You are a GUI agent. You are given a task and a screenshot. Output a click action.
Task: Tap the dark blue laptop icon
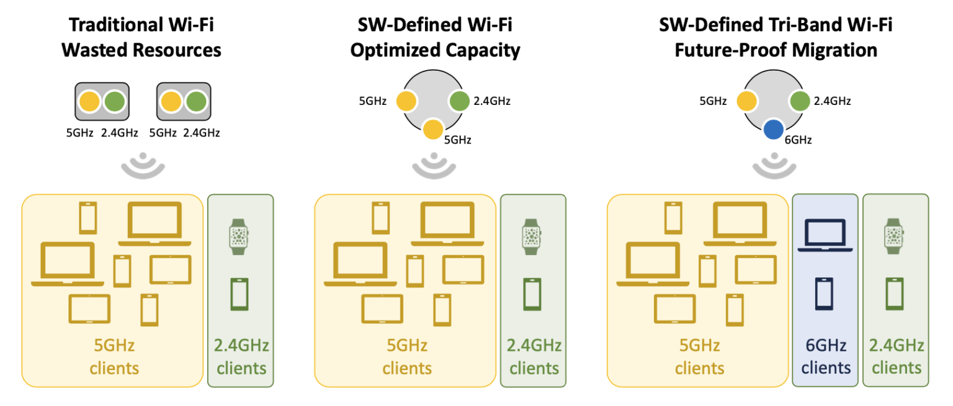click(x=825, y=235)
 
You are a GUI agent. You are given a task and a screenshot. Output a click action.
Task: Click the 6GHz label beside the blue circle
click(x=798, y=140)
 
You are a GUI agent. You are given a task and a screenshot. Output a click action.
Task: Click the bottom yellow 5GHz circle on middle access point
click(x=433, y=130)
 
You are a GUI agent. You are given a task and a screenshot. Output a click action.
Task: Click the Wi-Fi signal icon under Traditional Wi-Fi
click(x=142, y=165)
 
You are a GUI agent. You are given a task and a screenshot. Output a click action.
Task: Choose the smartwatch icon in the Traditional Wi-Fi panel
click(x=239, y=237)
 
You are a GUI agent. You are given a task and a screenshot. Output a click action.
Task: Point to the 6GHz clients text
click(x=825, y=356)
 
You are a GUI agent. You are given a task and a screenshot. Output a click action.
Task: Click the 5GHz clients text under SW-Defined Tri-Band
click(x=700, y=356)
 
